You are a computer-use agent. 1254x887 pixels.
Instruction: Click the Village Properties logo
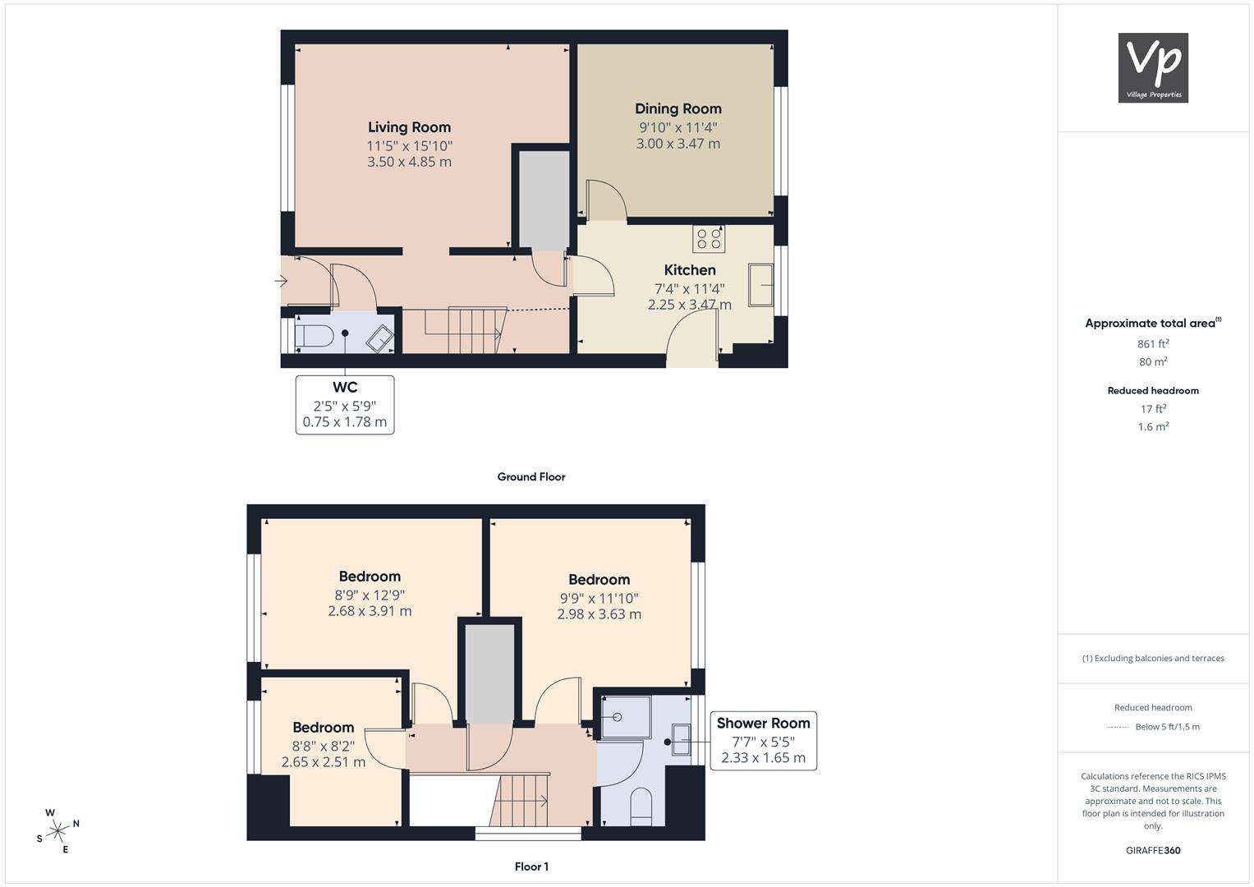click(1153, 67)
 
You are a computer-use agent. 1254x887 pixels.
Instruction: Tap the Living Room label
click(409, 127)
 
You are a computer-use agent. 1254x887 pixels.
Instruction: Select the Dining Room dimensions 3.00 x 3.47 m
click(678, 144)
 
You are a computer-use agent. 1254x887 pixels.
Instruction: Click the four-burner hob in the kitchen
click(709, 239)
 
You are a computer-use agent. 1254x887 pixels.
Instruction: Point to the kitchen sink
click(760, 285)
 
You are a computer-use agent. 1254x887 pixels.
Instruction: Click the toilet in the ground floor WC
click(314, 337)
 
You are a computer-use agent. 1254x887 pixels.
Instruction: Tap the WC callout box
click(345, 404)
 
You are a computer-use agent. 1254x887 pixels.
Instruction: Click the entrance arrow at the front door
click(281, 281)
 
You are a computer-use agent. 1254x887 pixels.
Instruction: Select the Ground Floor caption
click(531, 476)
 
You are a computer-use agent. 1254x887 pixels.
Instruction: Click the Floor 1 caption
click(531, 866)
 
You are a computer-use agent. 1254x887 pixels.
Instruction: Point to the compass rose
click(57, 831)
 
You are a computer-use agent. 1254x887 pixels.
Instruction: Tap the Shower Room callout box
click(763, 741)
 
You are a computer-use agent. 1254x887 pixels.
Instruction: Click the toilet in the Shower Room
click(641, 807)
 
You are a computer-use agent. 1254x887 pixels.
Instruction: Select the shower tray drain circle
click(617, 717)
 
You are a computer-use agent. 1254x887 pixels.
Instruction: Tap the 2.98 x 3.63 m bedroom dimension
click(599, 614)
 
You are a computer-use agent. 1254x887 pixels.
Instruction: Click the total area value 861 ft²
click(1153, 344)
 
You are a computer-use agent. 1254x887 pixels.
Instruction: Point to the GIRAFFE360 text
click(1153, 850)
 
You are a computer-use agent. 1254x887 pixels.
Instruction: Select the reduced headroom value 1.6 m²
click(1153, 427)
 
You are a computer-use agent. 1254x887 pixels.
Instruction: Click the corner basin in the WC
click(379, 338)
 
